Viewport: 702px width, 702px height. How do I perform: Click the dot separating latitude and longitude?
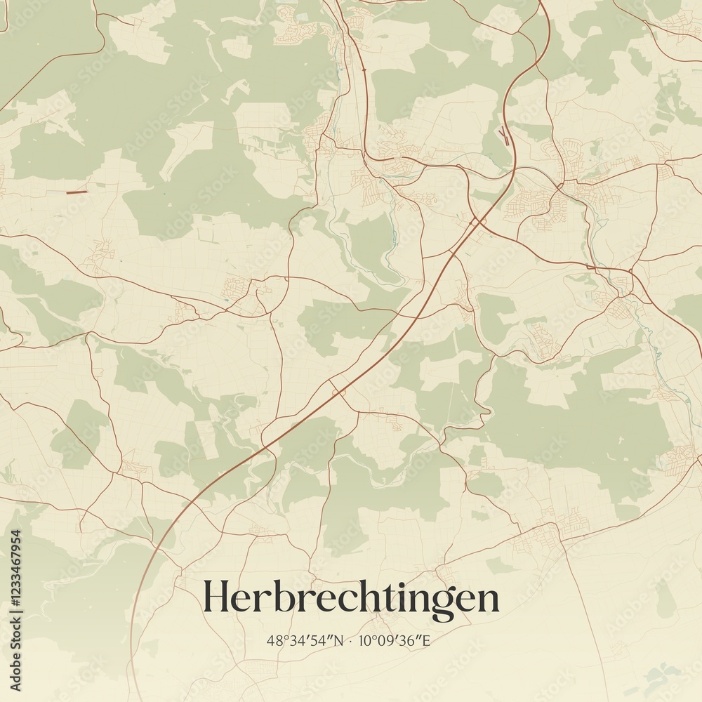351,641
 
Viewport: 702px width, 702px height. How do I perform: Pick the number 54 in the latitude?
322,641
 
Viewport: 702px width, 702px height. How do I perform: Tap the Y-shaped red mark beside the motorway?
503,134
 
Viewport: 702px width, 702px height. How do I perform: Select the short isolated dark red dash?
77,192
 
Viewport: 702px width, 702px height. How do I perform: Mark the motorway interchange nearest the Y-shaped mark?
477,222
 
